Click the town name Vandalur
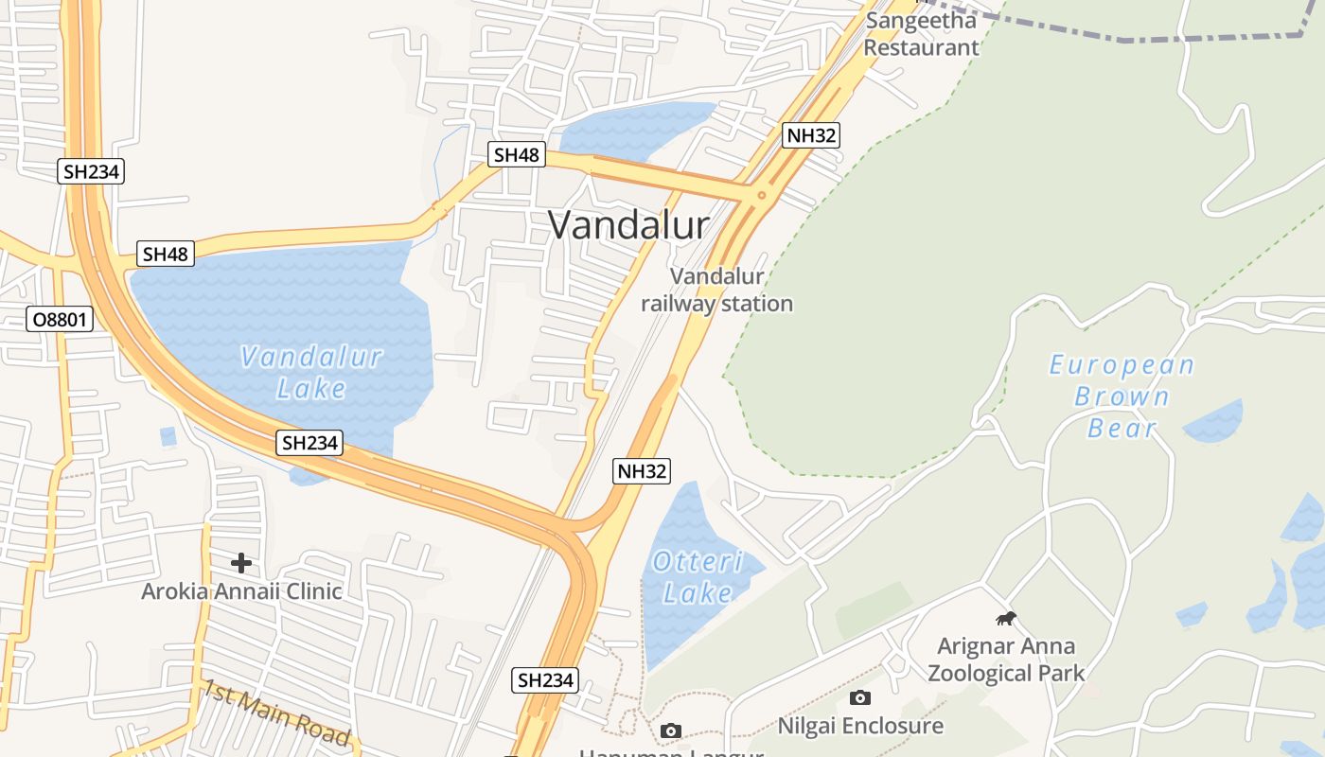coord(628,225)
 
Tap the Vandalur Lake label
coord(311,372)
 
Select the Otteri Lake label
coord(698,577)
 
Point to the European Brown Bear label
coord(1122,396)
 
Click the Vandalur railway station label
coord(716,290)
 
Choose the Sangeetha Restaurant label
coord(921,34)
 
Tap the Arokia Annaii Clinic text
coord(241,591)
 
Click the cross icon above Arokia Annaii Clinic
coord(241,563)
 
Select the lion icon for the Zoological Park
coord(1005,619)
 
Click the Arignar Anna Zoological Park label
coord(1006,660)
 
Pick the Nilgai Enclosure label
coord(860,726)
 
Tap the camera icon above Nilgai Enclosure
coord(860,698)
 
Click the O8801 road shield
coord(60,320)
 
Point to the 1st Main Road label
coord(275,713)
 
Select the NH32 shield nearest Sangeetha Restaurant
coord(812,135)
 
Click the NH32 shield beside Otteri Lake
coord(642,471)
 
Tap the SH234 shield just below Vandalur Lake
coord(309,443)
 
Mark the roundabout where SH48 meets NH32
coord(761,196)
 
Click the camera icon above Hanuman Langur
coord(671,731)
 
